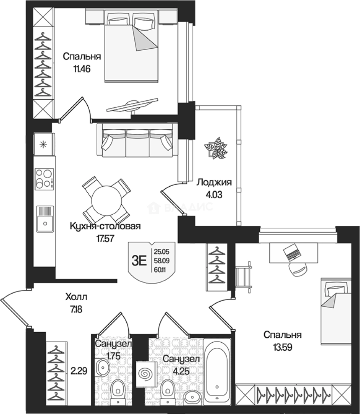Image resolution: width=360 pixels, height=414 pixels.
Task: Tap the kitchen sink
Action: (45, 219)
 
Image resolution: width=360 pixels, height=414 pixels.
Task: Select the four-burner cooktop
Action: (44, 179)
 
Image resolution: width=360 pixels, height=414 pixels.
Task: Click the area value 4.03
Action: (214, 195)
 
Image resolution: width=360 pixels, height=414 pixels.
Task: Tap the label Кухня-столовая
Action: (105, 226)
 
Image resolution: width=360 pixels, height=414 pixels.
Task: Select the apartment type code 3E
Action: (139, 261)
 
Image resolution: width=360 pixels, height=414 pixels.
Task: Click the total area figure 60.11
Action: (162, 270)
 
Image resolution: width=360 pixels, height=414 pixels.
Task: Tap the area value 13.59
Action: (283, 347)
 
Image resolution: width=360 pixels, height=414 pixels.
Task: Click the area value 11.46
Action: (82, 69)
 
